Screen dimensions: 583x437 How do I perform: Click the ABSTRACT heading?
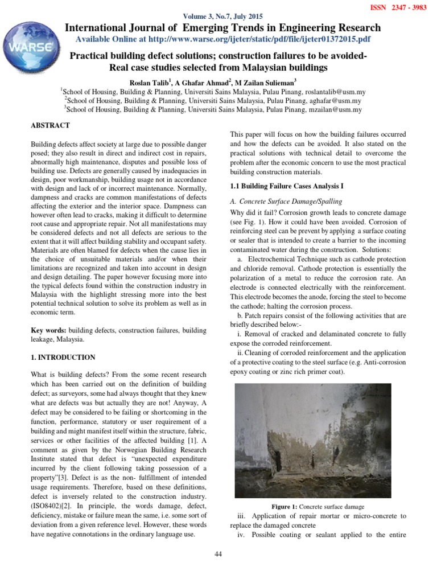tap(51, 125)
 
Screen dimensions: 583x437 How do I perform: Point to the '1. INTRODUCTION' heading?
tap(63, 358)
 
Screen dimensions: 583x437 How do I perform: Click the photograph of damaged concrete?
tap(313, 440)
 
